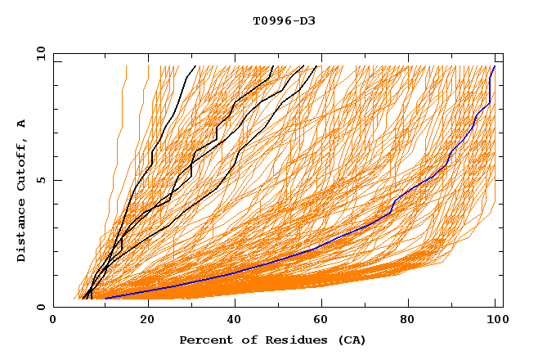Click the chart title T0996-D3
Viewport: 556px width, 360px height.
[284, 21]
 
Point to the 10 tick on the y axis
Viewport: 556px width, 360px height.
[40, 52]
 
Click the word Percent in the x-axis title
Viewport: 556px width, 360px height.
[204, 340]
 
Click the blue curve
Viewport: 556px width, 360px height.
[327, 242]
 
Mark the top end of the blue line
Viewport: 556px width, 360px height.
[494, 66]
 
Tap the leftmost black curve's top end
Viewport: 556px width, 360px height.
[195, 66]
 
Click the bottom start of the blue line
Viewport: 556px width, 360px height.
[105, 299]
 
